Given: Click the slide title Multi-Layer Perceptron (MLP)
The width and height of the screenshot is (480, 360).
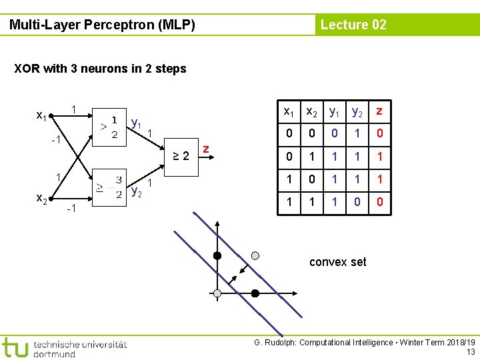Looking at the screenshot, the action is click(102, 25).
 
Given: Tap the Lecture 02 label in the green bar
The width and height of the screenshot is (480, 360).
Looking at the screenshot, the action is click(353, 25).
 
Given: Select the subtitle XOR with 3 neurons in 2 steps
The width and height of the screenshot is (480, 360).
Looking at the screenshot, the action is click(100, 68).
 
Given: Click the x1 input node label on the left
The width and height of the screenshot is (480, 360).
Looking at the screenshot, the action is click(41, 116).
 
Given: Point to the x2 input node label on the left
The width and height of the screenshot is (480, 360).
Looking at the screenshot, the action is click(41, 198).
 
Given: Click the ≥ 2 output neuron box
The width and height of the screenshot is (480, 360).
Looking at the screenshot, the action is click(178, 157).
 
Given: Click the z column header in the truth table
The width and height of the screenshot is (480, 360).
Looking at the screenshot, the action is click(379, 110).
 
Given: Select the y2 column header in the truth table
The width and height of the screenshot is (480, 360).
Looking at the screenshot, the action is click(357, 111).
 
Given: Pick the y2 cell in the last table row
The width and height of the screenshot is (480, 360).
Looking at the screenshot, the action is click(357, 201).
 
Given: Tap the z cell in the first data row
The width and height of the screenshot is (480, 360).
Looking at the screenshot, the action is click(379, 133).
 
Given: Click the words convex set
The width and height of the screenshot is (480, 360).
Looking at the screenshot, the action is click(337, 262).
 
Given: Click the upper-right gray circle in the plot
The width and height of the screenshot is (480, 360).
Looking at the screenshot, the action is click(255, 255).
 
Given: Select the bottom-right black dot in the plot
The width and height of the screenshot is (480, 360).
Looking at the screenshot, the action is click(255, 293).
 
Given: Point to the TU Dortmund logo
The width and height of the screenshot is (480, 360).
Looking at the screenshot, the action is click(63, 347).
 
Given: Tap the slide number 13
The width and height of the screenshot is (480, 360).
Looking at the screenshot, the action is click(471, 351).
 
